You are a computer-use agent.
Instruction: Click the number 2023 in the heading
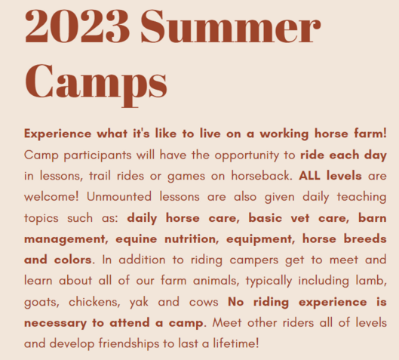(77, 26)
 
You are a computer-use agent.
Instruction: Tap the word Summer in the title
(231, 26)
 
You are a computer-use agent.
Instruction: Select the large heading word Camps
(96, 83)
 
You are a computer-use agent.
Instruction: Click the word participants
(97, 155)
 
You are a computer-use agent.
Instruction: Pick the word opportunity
(247, 155)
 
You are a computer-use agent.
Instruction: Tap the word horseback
(262, 176)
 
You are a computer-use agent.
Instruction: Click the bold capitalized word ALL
(309, 176)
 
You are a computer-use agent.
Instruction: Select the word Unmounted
(119, 197)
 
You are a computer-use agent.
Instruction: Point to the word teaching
(362, 197)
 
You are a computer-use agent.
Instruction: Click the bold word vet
(300, 218)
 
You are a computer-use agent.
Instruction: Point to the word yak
(139, 303)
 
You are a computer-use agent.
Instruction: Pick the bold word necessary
(56, 323)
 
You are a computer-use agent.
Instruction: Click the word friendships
(129, 343)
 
